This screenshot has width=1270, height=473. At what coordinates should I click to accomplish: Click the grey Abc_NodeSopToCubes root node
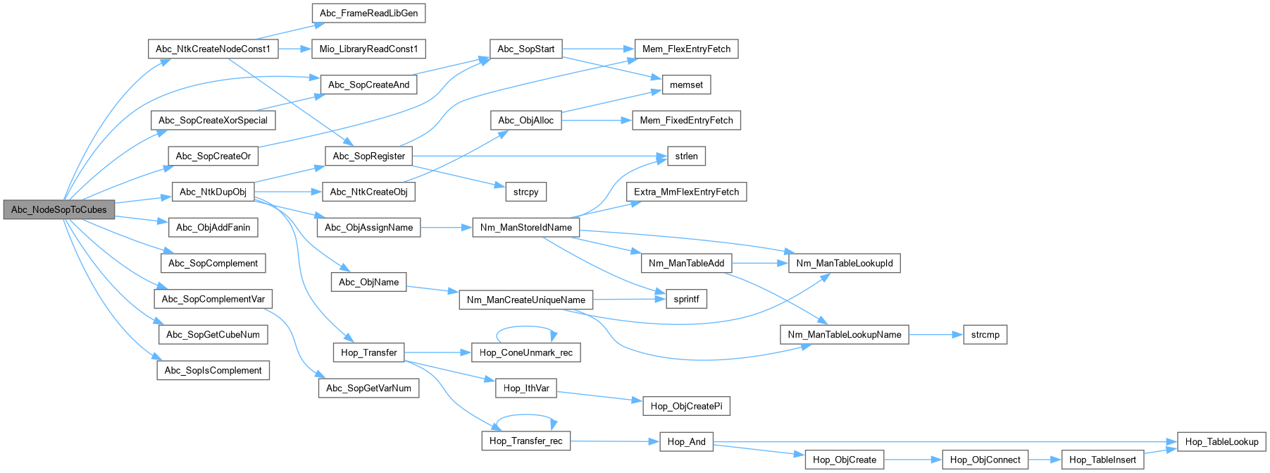tap(59, 209)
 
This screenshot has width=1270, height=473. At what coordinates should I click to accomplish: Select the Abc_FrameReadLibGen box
tap(368, 13)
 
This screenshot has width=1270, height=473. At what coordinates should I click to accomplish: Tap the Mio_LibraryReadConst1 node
tap(368, 49)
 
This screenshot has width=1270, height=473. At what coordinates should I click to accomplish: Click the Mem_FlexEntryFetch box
tap(686, 49)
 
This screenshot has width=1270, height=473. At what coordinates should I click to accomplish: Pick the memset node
tap(686, 85)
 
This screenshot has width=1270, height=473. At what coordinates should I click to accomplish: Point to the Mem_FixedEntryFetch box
tap(686, 121)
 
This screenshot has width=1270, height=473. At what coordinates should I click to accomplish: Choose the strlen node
tap(686, 156)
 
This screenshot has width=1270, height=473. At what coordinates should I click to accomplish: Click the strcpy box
tap(525, 192)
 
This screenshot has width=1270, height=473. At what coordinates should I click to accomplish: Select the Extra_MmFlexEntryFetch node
tap(686, 192)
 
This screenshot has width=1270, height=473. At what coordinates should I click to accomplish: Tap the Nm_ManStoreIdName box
tap(525, 228)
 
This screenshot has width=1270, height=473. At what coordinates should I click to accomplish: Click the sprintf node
tap(686, 299)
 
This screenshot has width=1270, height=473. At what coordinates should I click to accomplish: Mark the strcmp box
tap(985, 335)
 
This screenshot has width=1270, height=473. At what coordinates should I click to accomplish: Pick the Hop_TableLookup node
tap(1221, 442)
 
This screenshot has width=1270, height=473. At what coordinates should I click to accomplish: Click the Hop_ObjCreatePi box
tap(686, 406)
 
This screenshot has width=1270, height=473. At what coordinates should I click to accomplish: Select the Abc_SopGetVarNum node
tap(368, 388)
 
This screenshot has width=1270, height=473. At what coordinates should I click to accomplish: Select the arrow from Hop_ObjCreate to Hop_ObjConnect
tap(913, 460)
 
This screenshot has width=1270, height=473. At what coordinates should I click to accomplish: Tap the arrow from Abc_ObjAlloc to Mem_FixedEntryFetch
tap(597, 121)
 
